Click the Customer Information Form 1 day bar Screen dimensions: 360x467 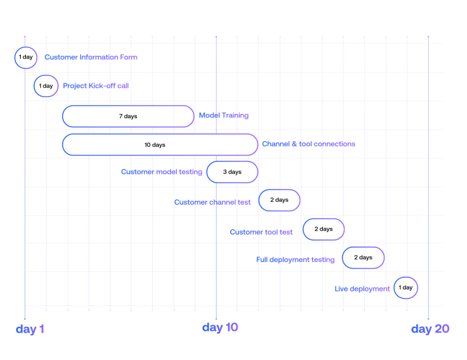pyautogui.click(x=25, y=57)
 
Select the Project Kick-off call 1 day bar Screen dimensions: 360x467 pyautogui.click(x=46, y=86)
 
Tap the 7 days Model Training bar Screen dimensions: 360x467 pyautogui.click(x=128, y=116)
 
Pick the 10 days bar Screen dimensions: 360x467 pyautogui.click(x=160, y=145)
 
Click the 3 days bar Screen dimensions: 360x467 pyautogui.click(x=232, y=172)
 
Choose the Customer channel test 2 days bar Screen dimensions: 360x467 pyautogui.click(x=280, y=200)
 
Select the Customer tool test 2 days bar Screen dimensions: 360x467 pyautogui.click(x=324, y=229)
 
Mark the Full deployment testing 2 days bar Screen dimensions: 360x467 pyautogui.click(x=363, y=257)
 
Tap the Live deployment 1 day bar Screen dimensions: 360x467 pyautogui.click(x=406, y=288)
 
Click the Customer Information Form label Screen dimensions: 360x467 pyautogui.click(x=91, y=57)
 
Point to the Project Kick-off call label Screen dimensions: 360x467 pyautogui.click(x=96, y=86)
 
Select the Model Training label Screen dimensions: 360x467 pyautogui.click(x=223, y=115)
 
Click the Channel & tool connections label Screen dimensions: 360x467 pyautogui.click(x=308, y=144)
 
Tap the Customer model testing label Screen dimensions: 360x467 pyautogui.click(x=161, y=172)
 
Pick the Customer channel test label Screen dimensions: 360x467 pyautogui.click(x=213, y=202)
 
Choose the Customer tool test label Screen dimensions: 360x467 pyautogui.click(x=262, y=232)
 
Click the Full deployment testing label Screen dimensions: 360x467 pyautogui.click(x=296, y=260)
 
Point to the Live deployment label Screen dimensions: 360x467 pyautogui.click(x=362, y=289)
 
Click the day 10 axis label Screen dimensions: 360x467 pyautogui.click(x=220, y=327)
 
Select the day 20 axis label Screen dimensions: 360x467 pyautogui.click(x=430, y=329)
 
